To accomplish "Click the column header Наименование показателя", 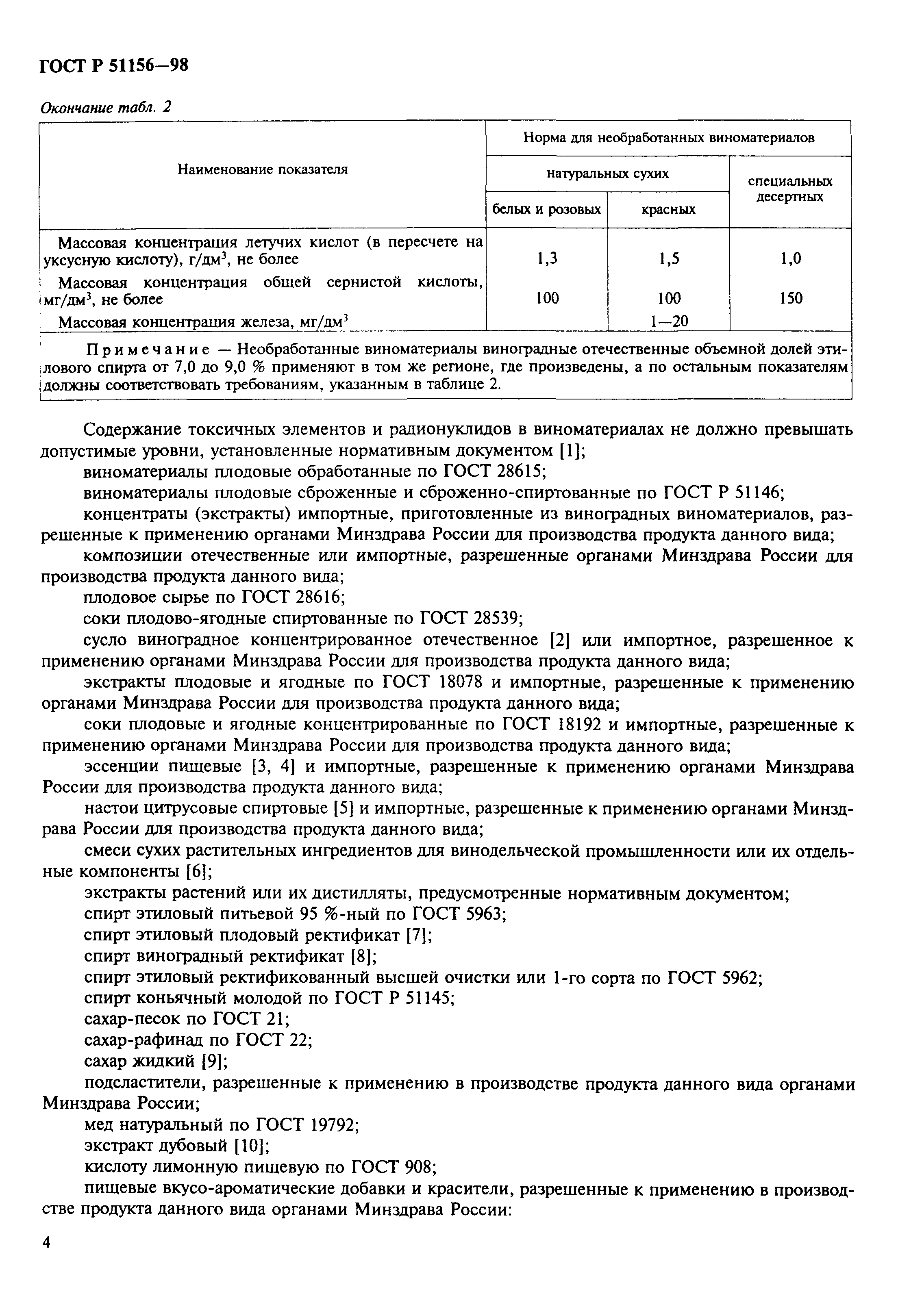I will click(x=263, y=169).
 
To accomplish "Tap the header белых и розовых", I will click(x=546, y=210).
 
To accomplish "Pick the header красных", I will click(x=668, y=210).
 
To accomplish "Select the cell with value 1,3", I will click(x=546, y=258).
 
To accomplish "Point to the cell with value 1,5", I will click(x=669, y=258).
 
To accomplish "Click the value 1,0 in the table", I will click(x=790, y=258).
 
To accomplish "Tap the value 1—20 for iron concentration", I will click(x=669, y=321).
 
